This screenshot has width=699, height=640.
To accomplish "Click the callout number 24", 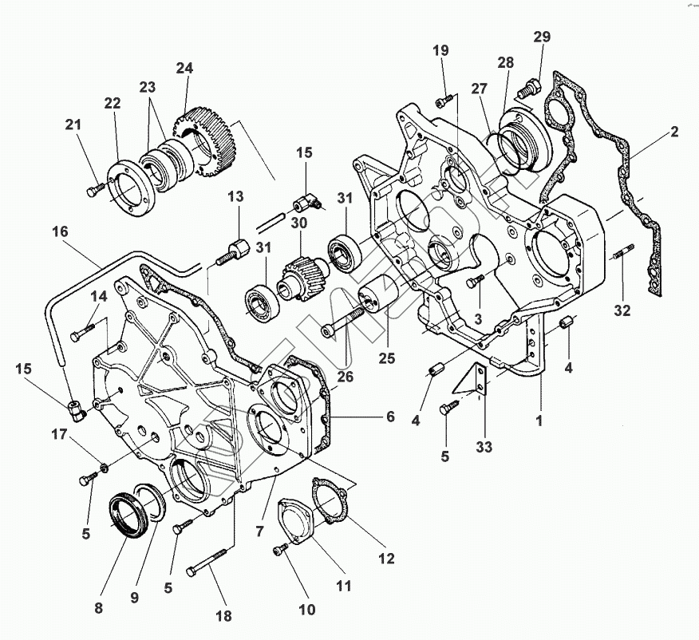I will (184, 69).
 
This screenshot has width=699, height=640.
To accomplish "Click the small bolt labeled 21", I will (94, 189).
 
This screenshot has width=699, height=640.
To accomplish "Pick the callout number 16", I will (61, 232).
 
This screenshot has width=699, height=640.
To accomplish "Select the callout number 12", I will (386, 559).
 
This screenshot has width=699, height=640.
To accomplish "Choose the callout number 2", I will (674, 132).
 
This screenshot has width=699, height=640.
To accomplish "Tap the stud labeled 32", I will (622, 255).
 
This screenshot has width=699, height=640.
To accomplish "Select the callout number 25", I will (387, 359).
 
